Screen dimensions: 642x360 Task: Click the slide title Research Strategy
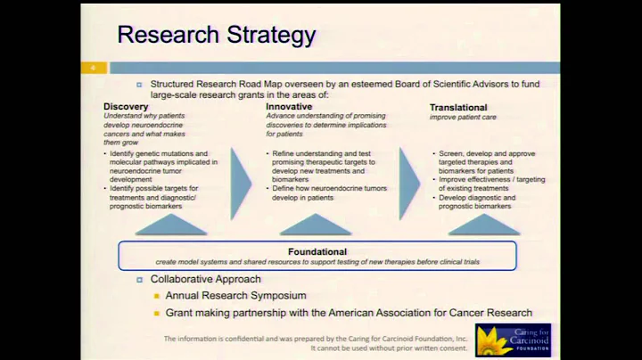click(217, 36)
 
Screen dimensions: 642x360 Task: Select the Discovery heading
click(126, 107)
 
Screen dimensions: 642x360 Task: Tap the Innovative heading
click(289, 107)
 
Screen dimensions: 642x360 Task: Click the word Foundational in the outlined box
click(317, 252)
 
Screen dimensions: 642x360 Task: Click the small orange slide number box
click(93, 68)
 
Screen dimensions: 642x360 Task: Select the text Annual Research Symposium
click(235, 296)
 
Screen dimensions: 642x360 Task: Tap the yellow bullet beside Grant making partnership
click(156, 313)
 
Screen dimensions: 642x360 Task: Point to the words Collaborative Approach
click(205, 280)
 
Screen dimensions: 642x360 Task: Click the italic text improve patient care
click(464, 118)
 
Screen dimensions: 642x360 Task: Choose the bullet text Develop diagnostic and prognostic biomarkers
click(477, 201)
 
